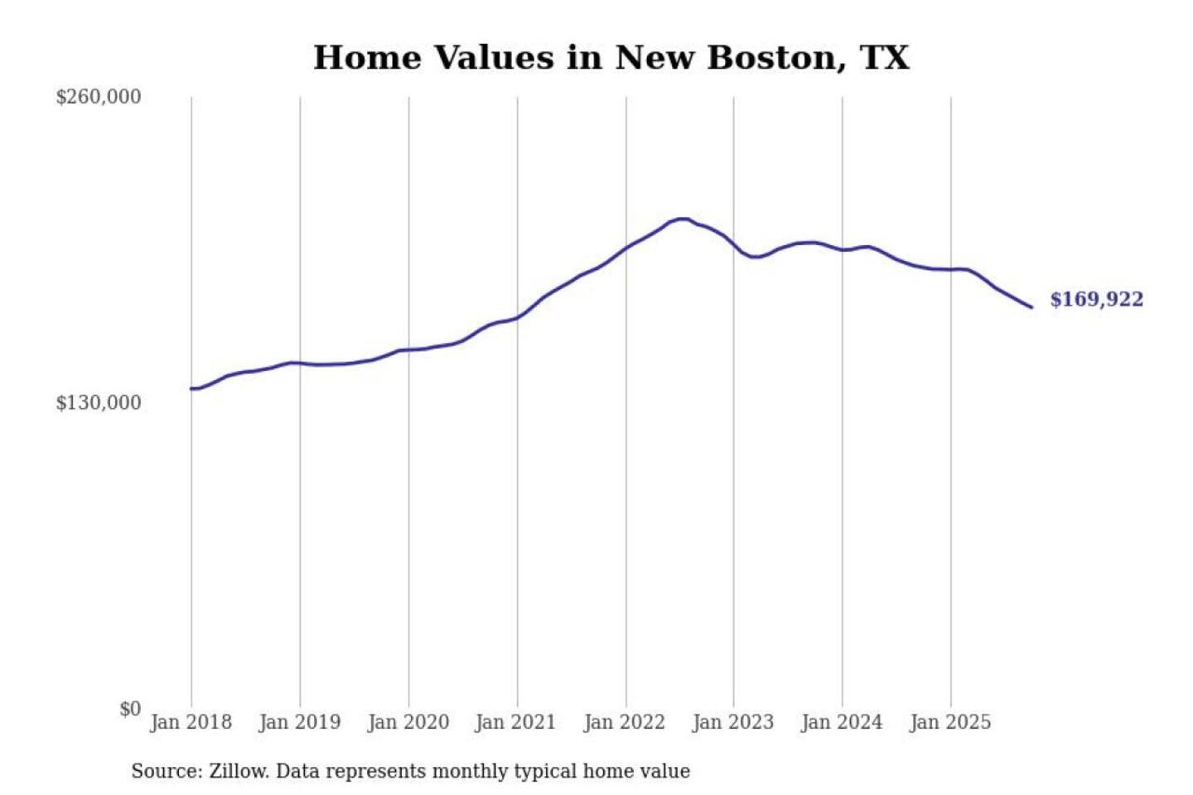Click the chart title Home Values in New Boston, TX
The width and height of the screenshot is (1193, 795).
[611, 58]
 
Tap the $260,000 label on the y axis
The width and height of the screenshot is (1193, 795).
[99, 97]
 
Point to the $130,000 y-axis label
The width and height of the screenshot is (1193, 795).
[99, 402]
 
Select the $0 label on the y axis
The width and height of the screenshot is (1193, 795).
[130, 709]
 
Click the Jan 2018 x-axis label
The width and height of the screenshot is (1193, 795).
[191, 722]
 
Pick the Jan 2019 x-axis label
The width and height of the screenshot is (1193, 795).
[299, 722]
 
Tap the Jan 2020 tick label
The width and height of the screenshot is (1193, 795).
[408, 722]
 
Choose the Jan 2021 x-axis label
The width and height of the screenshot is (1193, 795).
[515, 722]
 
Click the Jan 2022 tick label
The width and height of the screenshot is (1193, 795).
[624, 722]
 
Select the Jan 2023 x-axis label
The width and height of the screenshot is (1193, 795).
[732, 722]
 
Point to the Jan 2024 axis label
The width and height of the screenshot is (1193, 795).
[841, 722]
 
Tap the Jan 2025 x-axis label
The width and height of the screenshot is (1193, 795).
[949, 722]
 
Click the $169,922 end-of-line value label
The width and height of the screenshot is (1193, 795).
[1096, 300]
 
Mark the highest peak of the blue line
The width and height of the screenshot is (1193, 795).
[682, 219]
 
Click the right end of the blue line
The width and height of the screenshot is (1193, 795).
[1031, 307]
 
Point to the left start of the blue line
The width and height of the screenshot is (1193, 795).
[191, 388]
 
